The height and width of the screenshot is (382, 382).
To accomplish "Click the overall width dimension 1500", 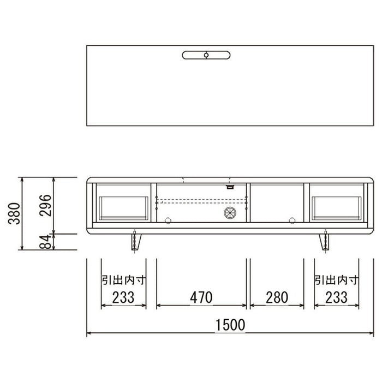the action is (x=230, y=325).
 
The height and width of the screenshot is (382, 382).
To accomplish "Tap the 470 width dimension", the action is (x=201, y=297).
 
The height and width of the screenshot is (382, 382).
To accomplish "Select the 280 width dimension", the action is (x=277, y=297).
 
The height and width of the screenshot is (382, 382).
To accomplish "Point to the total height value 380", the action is (x=14, y=213).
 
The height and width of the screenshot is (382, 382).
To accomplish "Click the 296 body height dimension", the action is (x=45, y=205).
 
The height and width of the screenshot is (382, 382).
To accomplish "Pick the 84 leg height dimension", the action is (x=45, y=242).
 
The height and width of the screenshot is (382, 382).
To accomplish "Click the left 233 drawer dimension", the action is (x=123, y=297).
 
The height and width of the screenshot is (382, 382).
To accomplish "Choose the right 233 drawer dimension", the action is (x=337, y=297).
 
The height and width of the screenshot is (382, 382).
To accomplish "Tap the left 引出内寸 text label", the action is (x=123, y=280).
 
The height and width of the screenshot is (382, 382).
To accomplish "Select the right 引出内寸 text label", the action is (x=337, y=280).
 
